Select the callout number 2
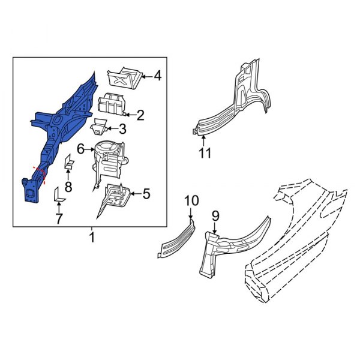point(140,115)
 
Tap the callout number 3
point(122,128)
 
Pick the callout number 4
point(157,76)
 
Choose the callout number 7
point(58,219)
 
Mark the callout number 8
point(68,187)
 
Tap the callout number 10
point(191,200)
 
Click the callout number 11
point(205,153)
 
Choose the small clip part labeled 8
point(68,161)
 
